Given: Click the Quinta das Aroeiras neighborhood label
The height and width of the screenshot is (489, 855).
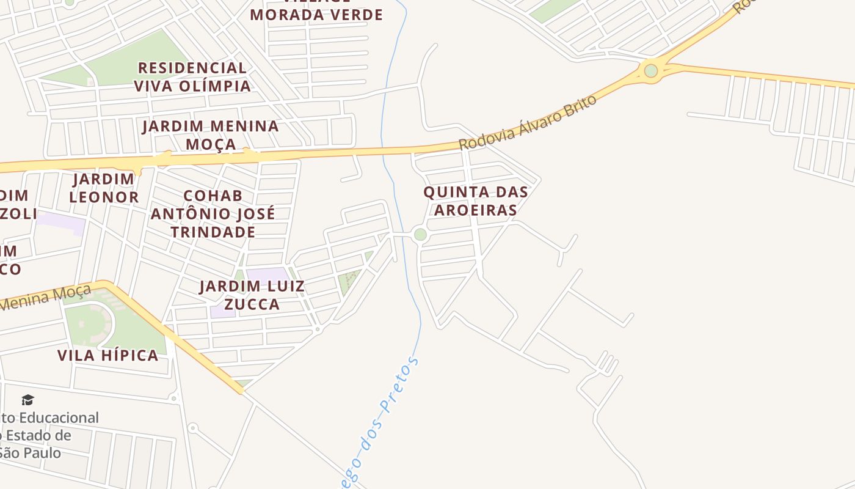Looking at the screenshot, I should (x=476, y=200).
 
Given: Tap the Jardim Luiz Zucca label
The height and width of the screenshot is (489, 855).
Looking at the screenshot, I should (x=252, y=295).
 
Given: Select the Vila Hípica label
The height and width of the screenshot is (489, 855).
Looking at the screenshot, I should (x=107, y=355).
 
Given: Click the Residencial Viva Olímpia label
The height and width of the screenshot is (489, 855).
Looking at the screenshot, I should (x=192, y=76).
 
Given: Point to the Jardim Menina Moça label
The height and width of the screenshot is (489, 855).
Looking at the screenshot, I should (x=211, y=134).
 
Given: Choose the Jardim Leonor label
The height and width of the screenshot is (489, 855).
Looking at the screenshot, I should (x=104, y=188).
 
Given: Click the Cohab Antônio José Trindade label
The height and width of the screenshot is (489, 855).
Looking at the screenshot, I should (x=213, y=214).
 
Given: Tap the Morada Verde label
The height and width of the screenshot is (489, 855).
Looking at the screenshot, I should (x=316, y=13).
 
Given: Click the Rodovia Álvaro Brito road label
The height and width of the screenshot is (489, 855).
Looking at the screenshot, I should (x=528, y=122).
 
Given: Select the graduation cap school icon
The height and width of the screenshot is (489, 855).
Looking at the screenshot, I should (x=27, y=400).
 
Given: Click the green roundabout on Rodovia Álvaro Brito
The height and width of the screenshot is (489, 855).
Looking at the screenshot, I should (x=651, y=70).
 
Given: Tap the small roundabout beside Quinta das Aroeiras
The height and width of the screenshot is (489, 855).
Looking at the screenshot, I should (x=420, y=234).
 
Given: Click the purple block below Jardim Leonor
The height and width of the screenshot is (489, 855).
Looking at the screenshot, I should (x=61, y=223).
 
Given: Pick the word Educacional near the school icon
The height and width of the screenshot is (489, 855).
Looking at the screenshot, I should (x=59, y=418).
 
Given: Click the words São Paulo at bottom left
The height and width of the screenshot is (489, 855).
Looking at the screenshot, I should (x=31, y=453).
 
